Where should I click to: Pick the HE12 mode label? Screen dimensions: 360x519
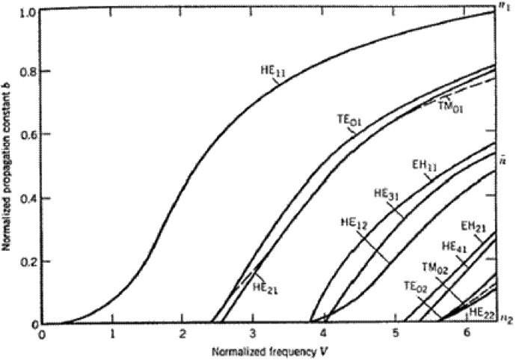354,222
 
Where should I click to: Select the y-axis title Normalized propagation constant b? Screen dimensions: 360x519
7,165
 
